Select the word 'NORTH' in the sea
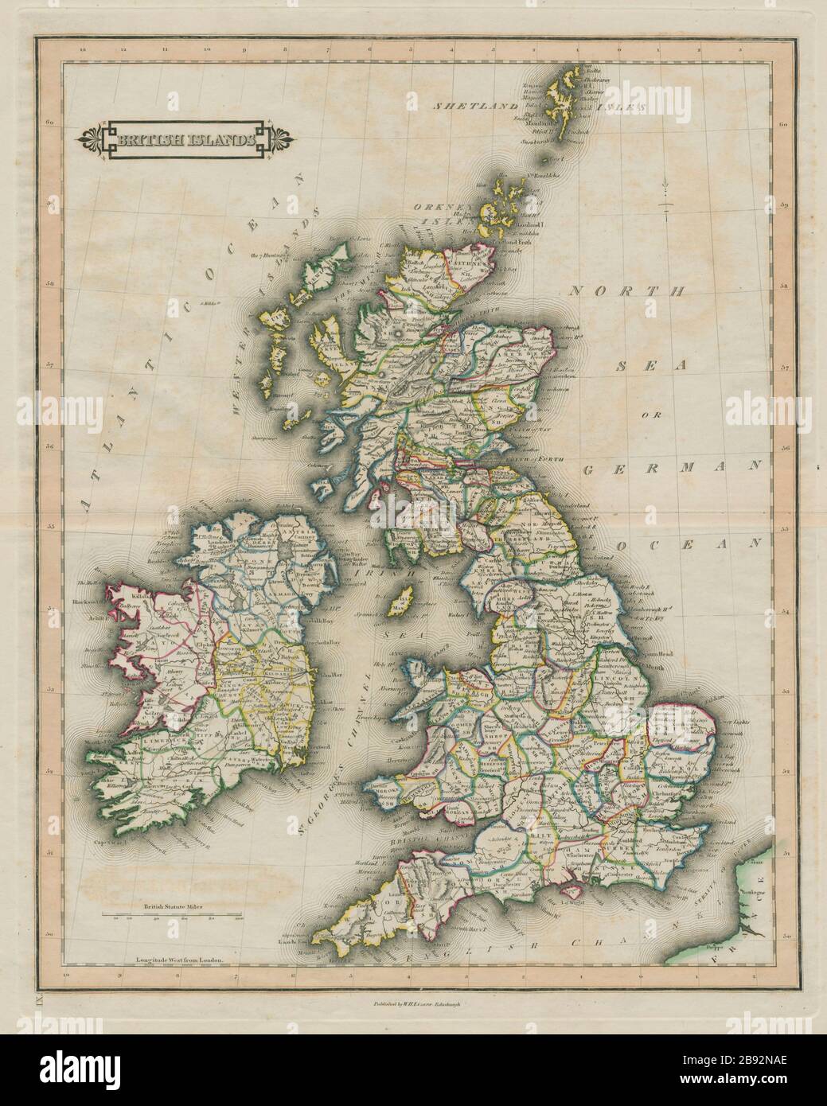[x=626, y=292]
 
